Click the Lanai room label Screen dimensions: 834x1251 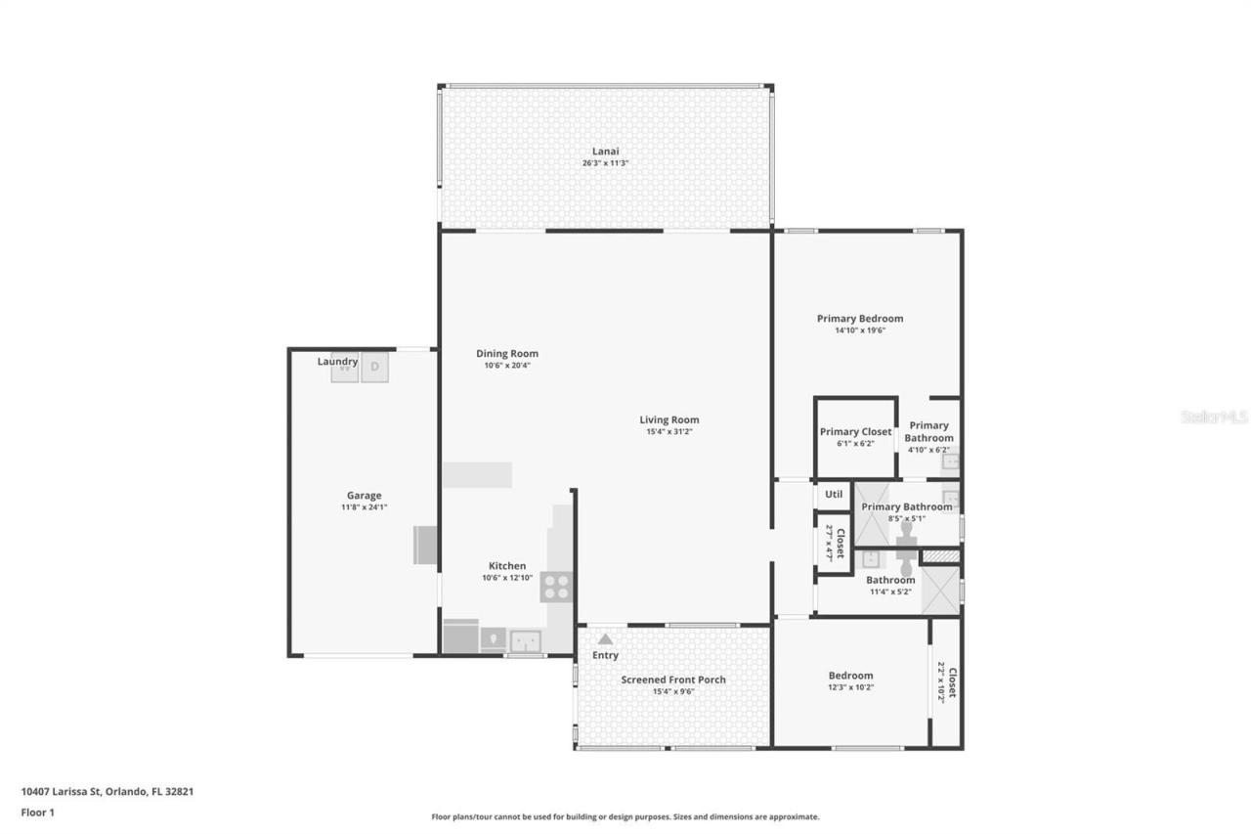(x=605, y=152)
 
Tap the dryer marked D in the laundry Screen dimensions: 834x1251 (x=375, y=367)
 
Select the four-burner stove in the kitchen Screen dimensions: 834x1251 (x=556, y=587)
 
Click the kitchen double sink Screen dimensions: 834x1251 (x=527, y=640)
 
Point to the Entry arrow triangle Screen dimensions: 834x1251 (x=605, y=638)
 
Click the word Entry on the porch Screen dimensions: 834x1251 (x=605, y=655)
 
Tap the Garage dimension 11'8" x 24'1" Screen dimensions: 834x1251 (x=364, y=507)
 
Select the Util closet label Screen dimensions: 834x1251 (x=834, y=495)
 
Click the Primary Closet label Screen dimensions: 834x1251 (x=855, y=432)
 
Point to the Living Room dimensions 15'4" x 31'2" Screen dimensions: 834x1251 (x=669, y=432)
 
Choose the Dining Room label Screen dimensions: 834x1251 (x=507, y=354)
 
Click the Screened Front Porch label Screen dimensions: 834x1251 (x=673, y=680)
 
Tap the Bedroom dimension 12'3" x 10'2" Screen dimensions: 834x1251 (x=850, y=687)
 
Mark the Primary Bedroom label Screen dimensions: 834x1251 (x=860, y=319)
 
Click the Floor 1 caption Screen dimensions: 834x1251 (x=38, y=812)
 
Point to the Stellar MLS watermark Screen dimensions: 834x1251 (x=1214, y=417)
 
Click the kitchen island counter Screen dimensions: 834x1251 (x=477, y=475)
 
